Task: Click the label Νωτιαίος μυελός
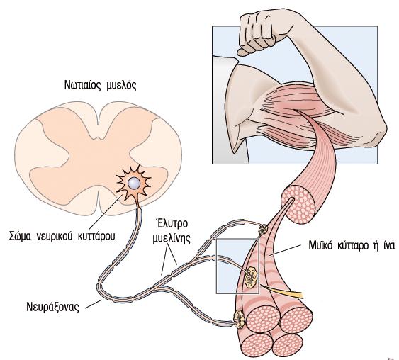coord(100,86)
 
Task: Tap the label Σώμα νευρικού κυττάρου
coord(62,236)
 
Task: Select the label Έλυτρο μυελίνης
coord(172,231)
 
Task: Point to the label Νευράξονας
coord(52,307)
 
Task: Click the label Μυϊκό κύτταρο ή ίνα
coord(352,246)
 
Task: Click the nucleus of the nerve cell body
coord(134,183)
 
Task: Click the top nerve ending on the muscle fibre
coord(263,229)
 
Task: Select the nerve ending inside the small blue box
coord(251,277)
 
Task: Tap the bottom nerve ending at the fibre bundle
coord(240,319)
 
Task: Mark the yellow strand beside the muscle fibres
coord(282,291)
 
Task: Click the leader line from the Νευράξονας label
coord(94,304)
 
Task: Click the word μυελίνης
coord(172,239)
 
